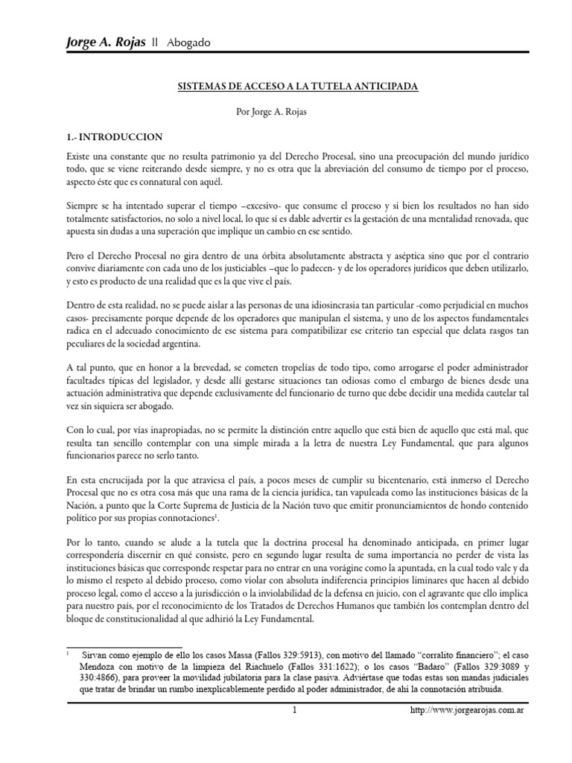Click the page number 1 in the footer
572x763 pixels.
pos(295,710)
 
